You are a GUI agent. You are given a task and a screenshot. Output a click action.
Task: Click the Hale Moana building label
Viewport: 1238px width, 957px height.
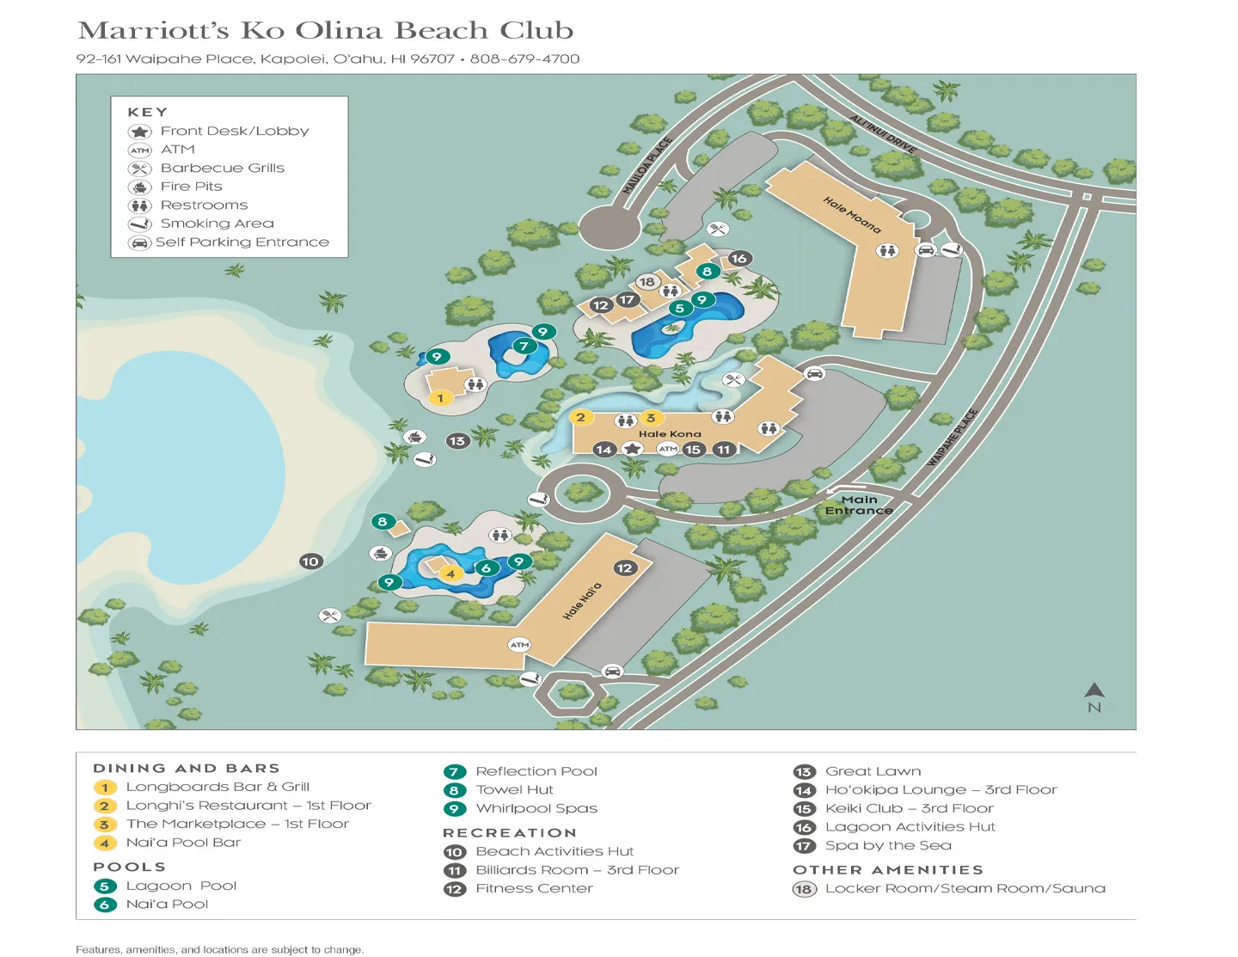coord(852,215)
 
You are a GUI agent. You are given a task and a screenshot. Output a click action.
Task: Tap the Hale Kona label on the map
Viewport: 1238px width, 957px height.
coord(670,434)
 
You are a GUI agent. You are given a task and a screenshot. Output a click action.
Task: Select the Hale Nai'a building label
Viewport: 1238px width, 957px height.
coord(582,601)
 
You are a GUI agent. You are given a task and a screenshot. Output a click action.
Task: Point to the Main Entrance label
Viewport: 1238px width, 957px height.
coord(859,505)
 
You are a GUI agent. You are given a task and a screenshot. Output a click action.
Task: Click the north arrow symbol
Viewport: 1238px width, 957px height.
coord(1094,690)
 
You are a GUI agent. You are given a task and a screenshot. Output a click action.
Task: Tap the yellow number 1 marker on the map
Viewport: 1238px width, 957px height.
coord(440,398)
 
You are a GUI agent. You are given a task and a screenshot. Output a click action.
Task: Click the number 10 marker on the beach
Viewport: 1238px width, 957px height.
coord(310,561)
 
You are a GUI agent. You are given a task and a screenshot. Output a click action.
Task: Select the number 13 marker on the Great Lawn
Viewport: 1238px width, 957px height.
coord(457,441)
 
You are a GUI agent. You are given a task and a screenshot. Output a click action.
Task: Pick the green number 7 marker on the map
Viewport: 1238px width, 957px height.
coord(524,347)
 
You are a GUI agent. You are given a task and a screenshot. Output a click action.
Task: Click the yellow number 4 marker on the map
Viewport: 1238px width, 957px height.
coord(450,574)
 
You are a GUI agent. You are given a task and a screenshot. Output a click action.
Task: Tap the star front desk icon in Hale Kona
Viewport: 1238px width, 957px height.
coord(633,449)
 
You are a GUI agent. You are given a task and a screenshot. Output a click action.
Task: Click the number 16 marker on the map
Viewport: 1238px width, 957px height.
coord(739,258)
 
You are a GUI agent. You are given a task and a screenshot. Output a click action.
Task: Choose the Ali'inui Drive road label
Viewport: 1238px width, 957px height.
coord(884,134)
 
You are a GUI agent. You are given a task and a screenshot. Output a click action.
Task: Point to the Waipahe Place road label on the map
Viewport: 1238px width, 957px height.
coord(953,438)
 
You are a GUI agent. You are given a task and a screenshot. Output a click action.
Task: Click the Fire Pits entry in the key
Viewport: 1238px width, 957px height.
coord(191,187)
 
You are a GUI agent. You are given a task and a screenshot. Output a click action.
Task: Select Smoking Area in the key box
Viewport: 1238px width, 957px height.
coord(217,224)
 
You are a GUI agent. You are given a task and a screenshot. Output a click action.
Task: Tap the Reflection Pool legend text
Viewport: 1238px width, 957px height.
coord(536,771)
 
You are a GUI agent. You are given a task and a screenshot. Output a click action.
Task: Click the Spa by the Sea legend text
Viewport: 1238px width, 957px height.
coord(888,845)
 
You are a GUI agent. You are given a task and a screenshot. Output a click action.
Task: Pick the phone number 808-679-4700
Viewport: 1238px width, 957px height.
coord(524,59)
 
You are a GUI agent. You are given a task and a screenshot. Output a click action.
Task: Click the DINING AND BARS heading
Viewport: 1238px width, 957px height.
coord(187,769)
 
